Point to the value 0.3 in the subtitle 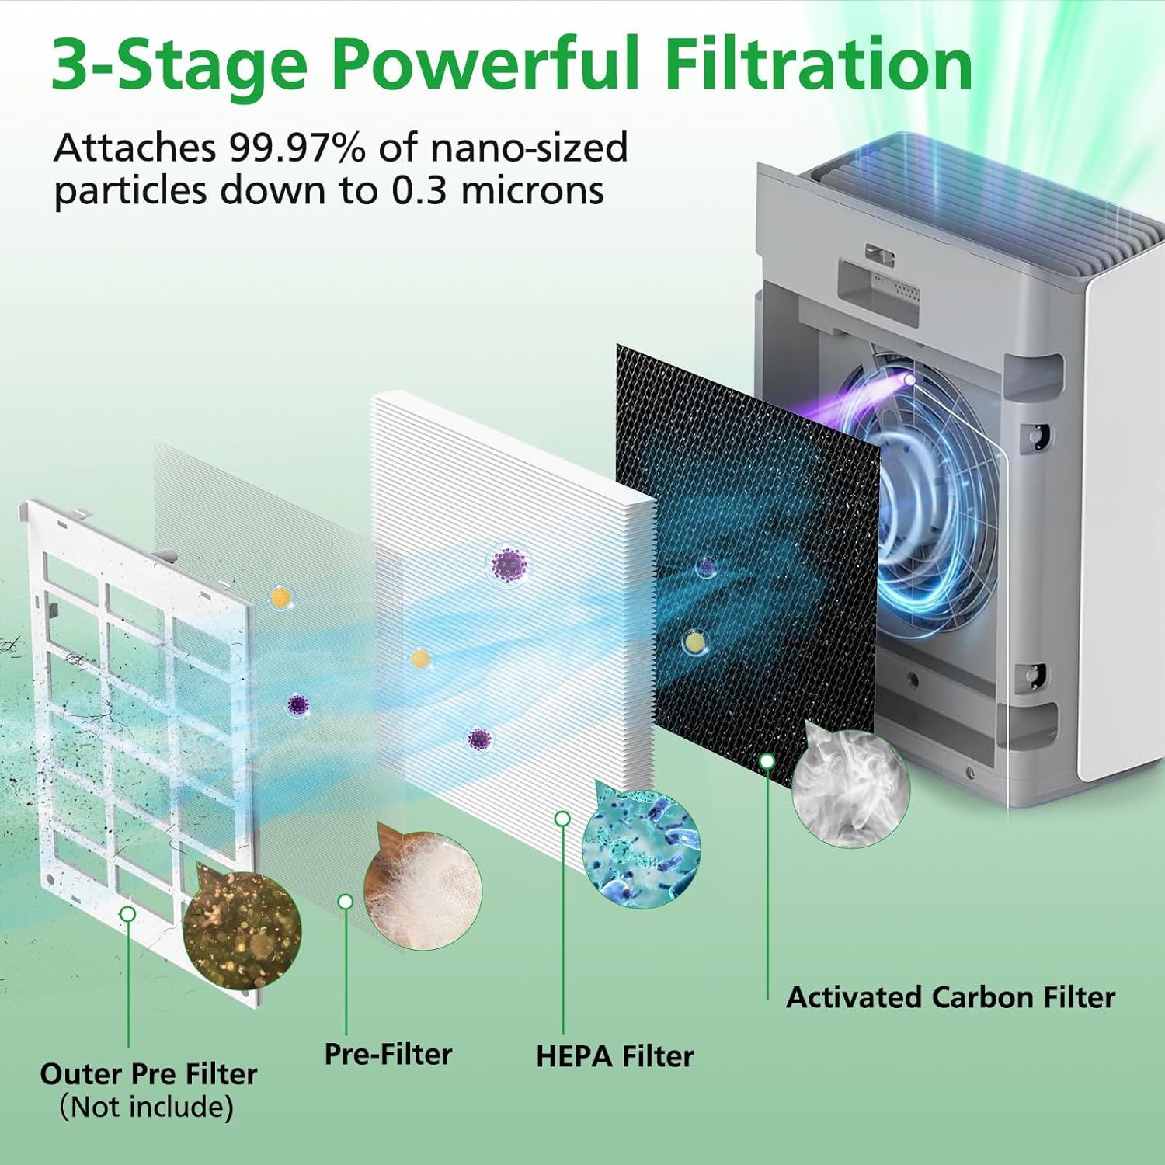click(419, 191)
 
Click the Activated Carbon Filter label click(951, 997)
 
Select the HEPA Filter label click(614, 1056)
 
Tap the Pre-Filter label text click(388, 1054)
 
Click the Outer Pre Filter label click(148, 1073)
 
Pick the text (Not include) click(147, 1107)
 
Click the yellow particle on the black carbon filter click(694, 642)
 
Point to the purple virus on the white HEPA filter click(509, 564)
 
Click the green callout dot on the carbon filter click(767, 761)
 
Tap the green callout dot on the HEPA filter click(563, 819)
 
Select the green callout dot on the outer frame click(128, 914)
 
